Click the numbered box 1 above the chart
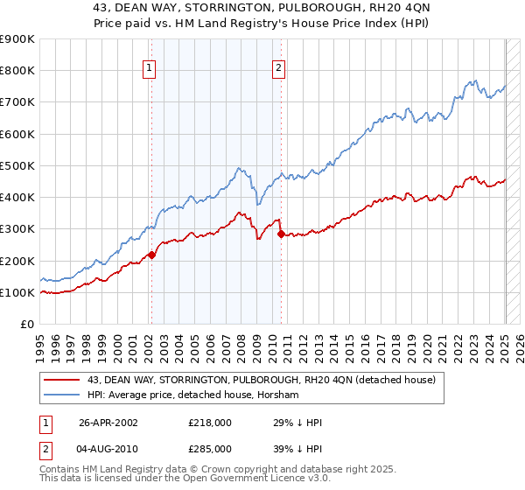pos(150,70)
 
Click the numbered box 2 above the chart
pos(279,70)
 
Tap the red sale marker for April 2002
pos(151,255)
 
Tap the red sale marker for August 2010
pos(280,234)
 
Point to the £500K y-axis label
pos(17,165)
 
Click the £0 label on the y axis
pos(26,324)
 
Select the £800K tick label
pos(17,70)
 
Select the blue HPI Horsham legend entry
pos(192,395)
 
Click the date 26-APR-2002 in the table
pos(108,423)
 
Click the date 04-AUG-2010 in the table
pos(108,449)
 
